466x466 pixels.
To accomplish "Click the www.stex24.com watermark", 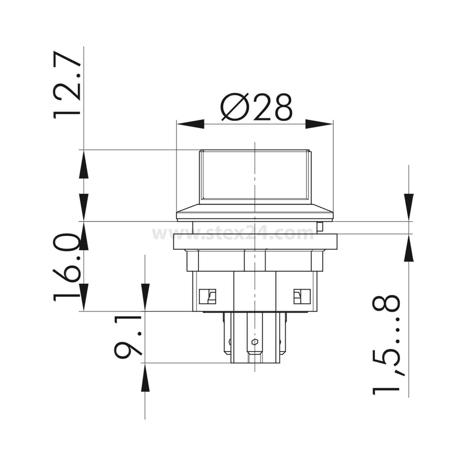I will click(233, 234).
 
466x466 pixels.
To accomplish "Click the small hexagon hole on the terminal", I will click(255, 342).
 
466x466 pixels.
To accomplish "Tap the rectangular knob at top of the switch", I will click(255, 176).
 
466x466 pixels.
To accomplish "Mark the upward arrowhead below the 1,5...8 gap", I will click(409, 248).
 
